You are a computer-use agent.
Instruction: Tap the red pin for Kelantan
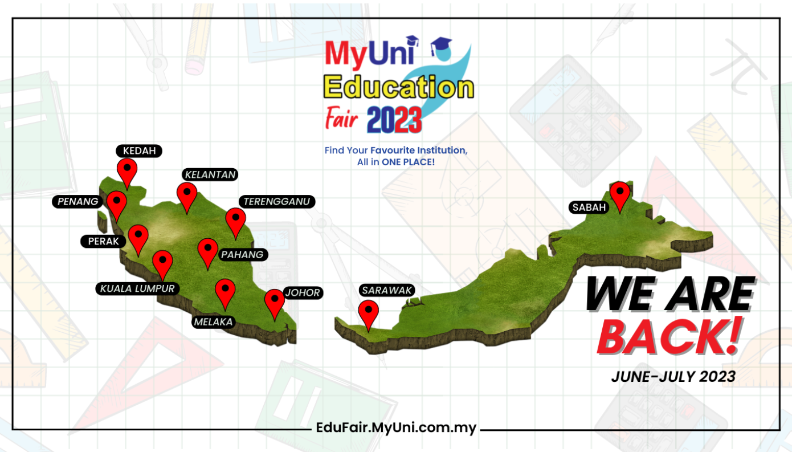click(x=187, y=195)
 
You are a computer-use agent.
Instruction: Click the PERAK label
click(x=103, y=241)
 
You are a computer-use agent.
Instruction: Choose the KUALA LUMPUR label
click(x=137, y=288)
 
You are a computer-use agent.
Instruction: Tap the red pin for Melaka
click(x=225, y=291)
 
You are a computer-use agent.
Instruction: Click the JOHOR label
click(x=302, y=293)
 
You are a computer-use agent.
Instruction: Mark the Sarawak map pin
click(x=369, y=313)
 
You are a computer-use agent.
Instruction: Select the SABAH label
click(x=589, y=207)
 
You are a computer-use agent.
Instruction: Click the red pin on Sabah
click(x=620, y=194)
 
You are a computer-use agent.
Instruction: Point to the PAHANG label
click(x=243, y=255)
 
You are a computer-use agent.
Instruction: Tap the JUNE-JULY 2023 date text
click(x=673, y=377)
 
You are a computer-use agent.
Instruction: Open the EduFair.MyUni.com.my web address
click(x=396, y=428)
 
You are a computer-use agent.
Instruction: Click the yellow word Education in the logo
click(x=399, y=88)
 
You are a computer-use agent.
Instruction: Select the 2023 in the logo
click(x=394, y=120)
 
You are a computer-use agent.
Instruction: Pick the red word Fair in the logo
click(x=341, y=119)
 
